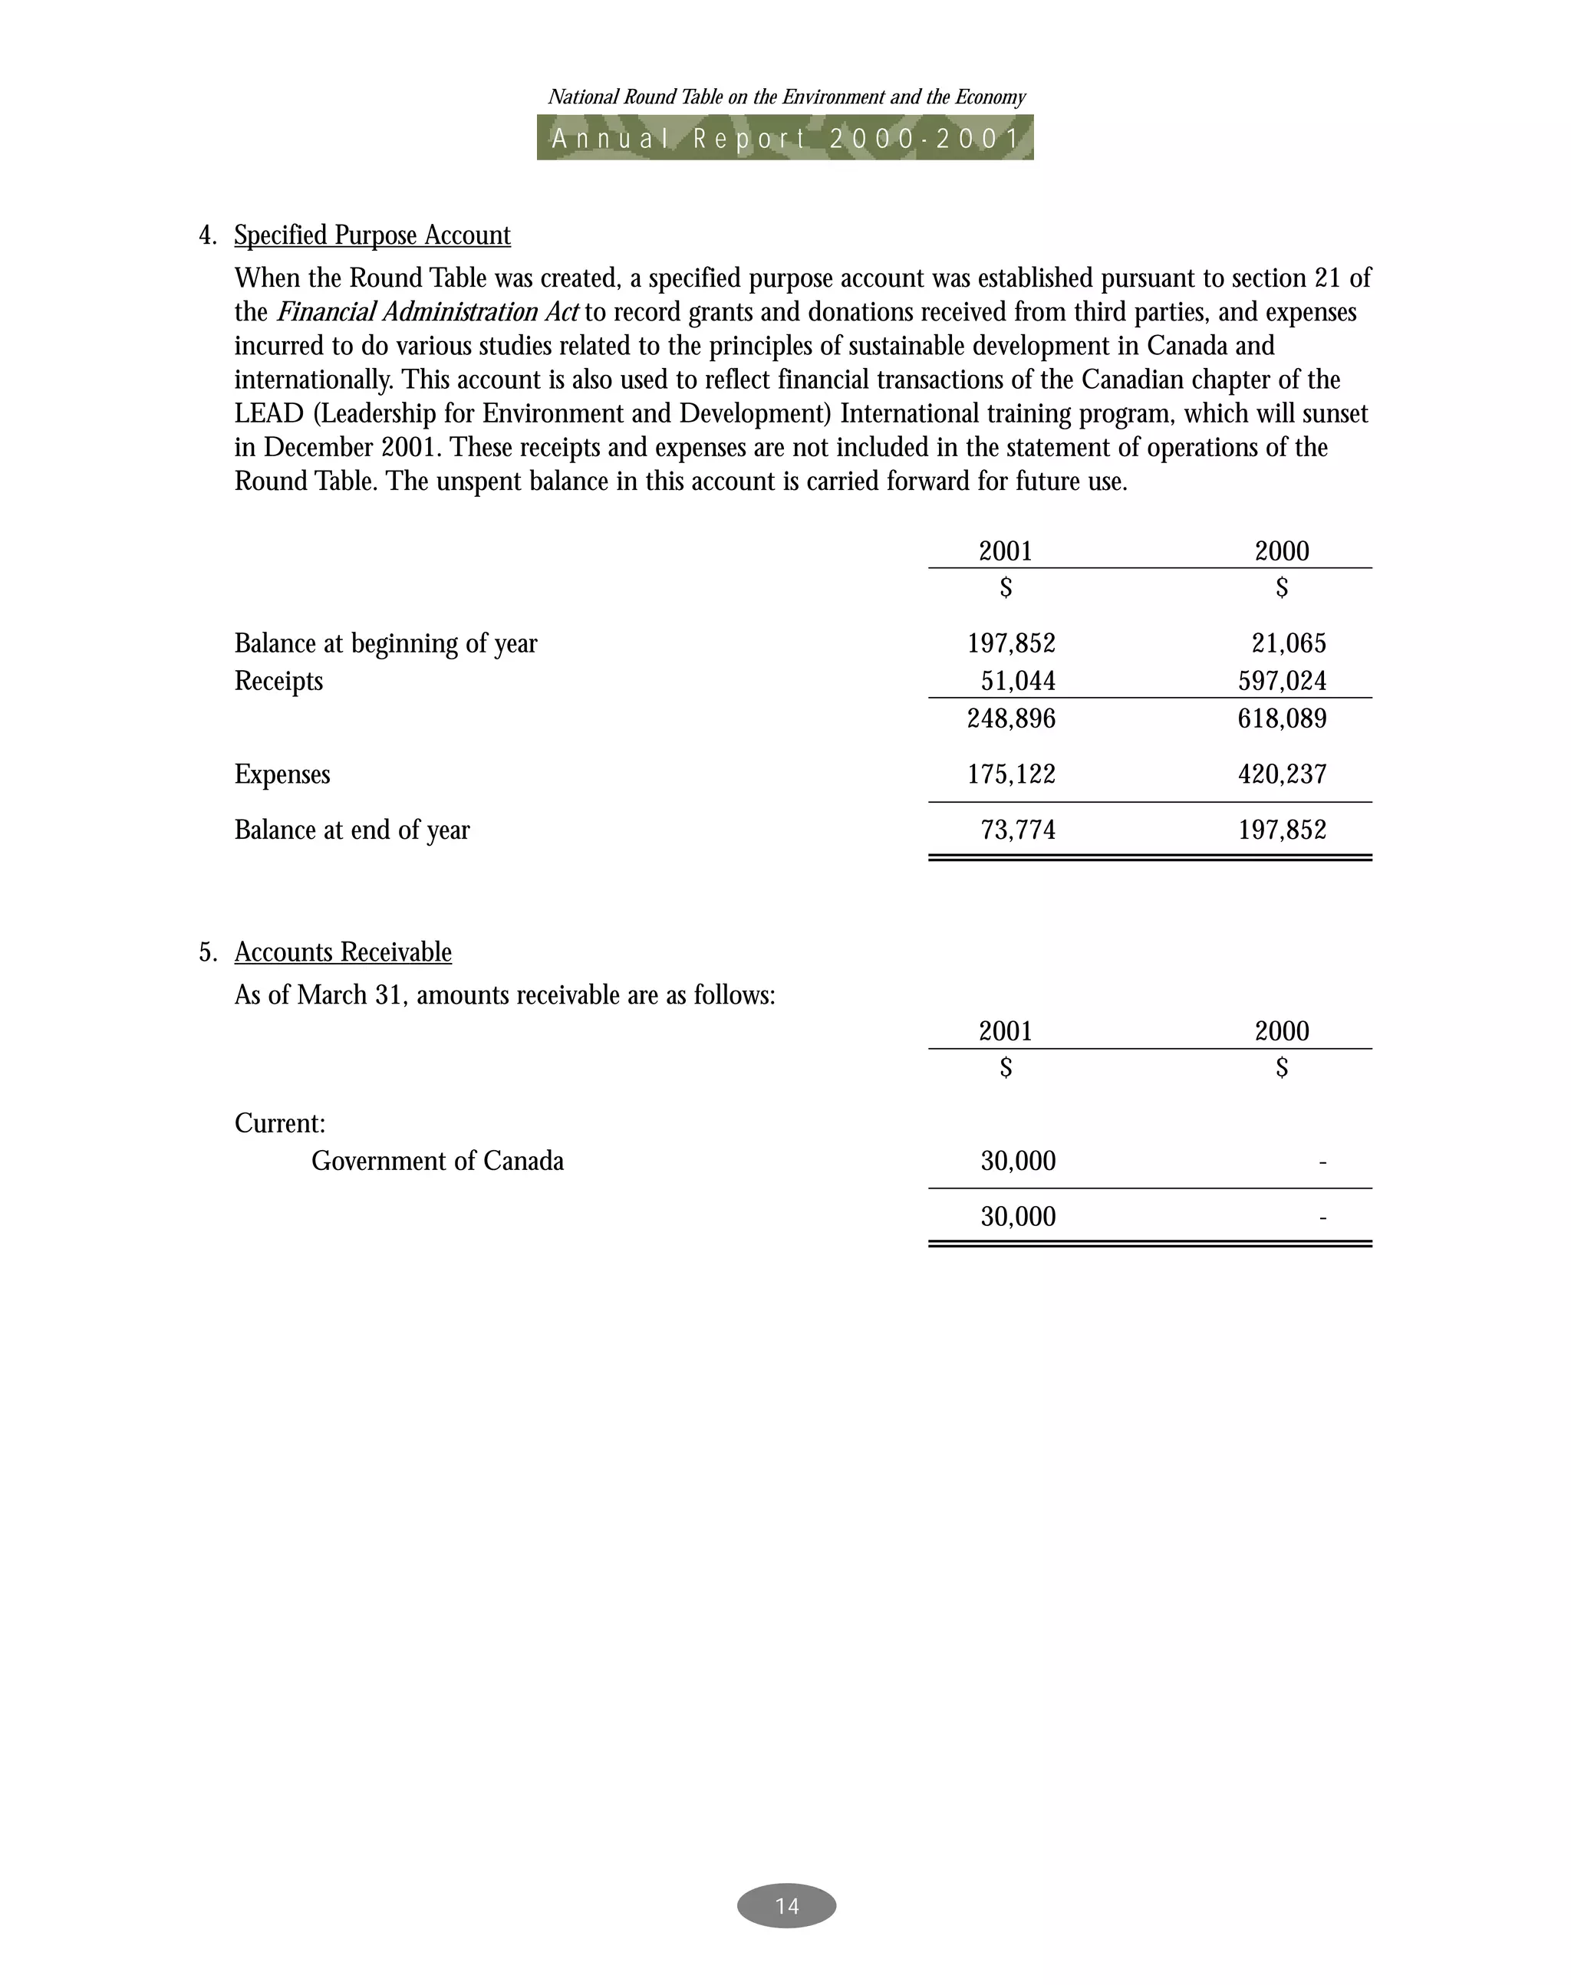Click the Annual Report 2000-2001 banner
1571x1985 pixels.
[x=785, y=138]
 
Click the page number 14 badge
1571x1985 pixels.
[x=786, y=1905]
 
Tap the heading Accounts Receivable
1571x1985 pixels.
[x=343, y=951]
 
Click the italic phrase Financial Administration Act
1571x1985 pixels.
[x=427, y=313]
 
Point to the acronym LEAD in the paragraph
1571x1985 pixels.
[x=268, y=414]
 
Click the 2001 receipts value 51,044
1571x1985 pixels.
[x=1017, y=682]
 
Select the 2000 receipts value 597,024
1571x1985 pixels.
[x=1282, y=682]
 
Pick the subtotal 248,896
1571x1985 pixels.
[x=1011, y=718]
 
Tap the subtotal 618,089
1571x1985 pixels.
[x=1282, y=718]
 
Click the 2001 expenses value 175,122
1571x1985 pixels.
[x=1011, y=774]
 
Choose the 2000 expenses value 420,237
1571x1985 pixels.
[x=1282, y=774]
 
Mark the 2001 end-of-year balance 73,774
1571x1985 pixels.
[x=1017, y=830]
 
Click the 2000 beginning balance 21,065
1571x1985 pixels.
[x=1289, y=643]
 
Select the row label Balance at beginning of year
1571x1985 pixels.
[x=385, y=643]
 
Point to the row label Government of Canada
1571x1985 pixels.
[x=437, y=1162]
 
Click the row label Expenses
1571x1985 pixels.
[x=282, y=774]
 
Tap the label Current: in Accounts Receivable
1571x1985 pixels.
[x=280, y=1123]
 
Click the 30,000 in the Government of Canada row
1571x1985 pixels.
[x=1017, y=1162]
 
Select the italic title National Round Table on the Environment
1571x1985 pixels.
[x=786, y=97]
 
